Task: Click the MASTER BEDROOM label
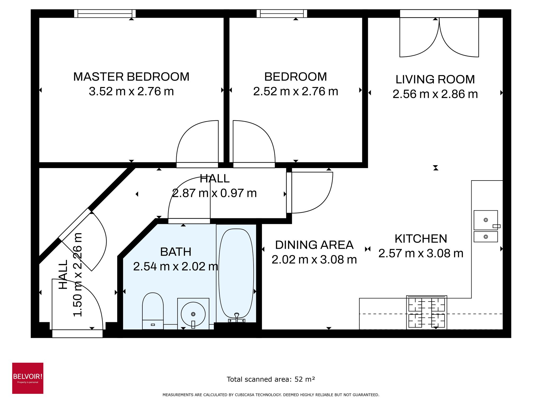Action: (x=131, y=77)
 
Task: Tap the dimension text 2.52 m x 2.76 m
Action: (x=296, y=92)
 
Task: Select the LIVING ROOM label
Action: (x=435, y=80)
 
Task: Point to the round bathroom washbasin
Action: (x=193, y=314)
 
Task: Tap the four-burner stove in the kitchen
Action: (x=427, y=312)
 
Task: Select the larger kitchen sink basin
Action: (x=485, y=220)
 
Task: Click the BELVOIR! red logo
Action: (x=28, y=378)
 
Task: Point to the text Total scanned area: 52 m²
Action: (x=271, y=379)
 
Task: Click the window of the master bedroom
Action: (x=105, y=13)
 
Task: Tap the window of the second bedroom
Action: (x=282, y=13)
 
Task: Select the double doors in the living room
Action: (x=439, y=37)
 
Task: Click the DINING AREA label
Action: (x=314, y=245)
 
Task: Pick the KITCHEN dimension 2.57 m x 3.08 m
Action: (x=421, y=253)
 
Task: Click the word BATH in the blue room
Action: (x=176, y=252)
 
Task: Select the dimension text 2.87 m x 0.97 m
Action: (x=214, y=193)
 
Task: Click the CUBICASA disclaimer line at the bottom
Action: (x=271, y=395)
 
